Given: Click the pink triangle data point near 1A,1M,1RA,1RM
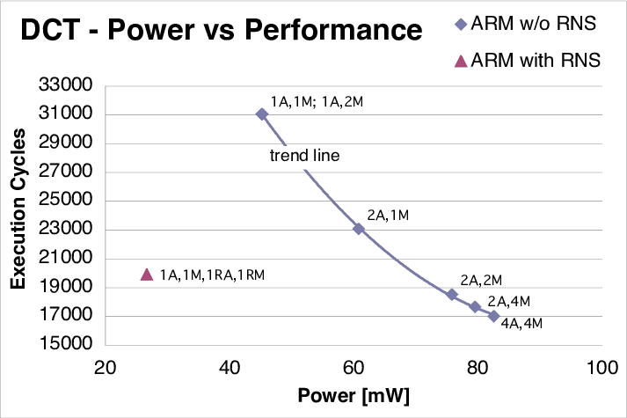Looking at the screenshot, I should tap(147, 275).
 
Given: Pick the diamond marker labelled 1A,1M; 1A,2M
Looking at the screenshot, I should tap(262, 114).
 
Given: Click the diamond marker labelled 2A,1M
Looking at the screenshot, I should tap(359, 229).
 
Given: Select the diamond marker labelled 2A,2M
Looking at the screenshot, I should tap(452, 295).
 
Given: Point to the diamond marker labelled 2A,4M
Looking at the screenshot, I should tap(475, 307).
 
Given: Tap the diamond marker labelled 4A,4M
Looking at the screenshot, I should tap(494, 316).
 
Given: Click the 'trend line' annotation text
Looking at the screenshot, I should tap(303, 156).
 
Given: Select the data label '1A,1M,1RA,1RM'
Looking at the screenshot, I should tap(211, 275).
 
